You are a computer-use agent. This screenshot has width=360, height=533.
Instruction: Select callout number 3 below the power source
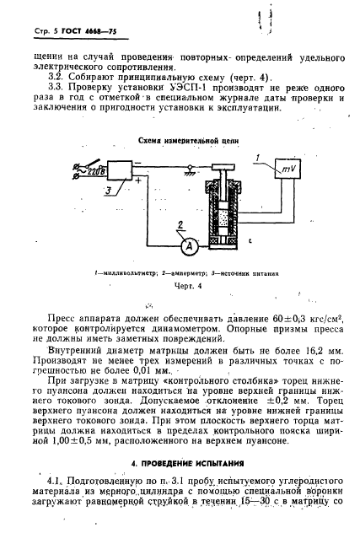point(108,193)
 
